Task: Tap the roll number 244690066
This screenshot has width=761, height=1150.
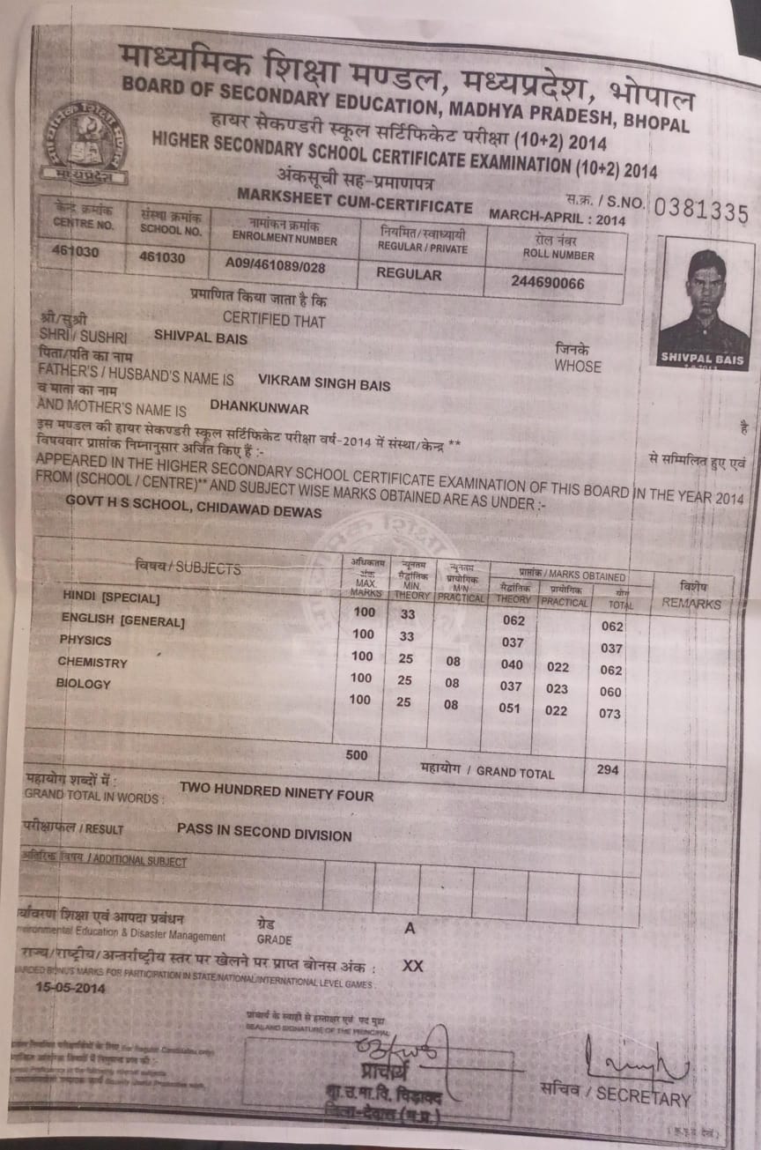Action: click(x=547, y=283)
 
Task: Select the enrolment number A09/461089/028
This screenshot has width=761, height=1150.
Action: click(x=275, y=263)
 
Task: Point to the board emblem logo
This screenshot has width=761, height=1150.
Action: click(x=85, y=143)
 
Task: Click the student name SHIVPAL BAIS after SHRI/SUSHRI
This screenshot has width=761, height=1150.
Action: click(x=201, y=338)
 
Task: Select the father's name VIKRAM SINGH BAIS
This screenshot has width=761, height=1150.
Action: click(x=324, y=384)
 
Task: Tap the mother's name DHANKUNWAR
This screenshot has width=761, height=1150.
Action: click(x=248, y=408)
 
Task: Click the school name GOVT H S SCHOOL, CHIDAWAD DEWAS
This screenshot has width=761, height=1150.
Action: click(x=194, y=512)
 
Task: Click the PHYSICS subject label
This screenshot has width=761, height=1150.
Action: click(x=85, y=641)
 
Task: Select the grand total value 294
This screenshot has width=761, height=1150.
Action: click(x=608, y=769)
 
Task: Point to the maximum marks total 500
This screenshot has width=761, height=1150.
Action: click(x=358, y=755)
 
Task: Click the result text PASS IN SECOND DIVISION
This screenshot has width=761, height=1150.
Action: click(x=264, y=835)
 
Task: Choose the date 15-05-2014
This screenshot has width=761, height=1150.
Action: click(x=70, y=988)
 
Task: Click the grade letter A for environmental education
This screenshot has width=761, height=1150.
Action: click(x=410, y=928)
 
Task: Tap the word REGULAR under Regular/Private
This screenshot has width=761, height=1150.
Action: click(x=410, y=275)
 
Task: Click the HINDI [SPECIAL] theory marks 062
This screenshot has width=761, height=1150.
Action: click(x=513, y=620)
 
